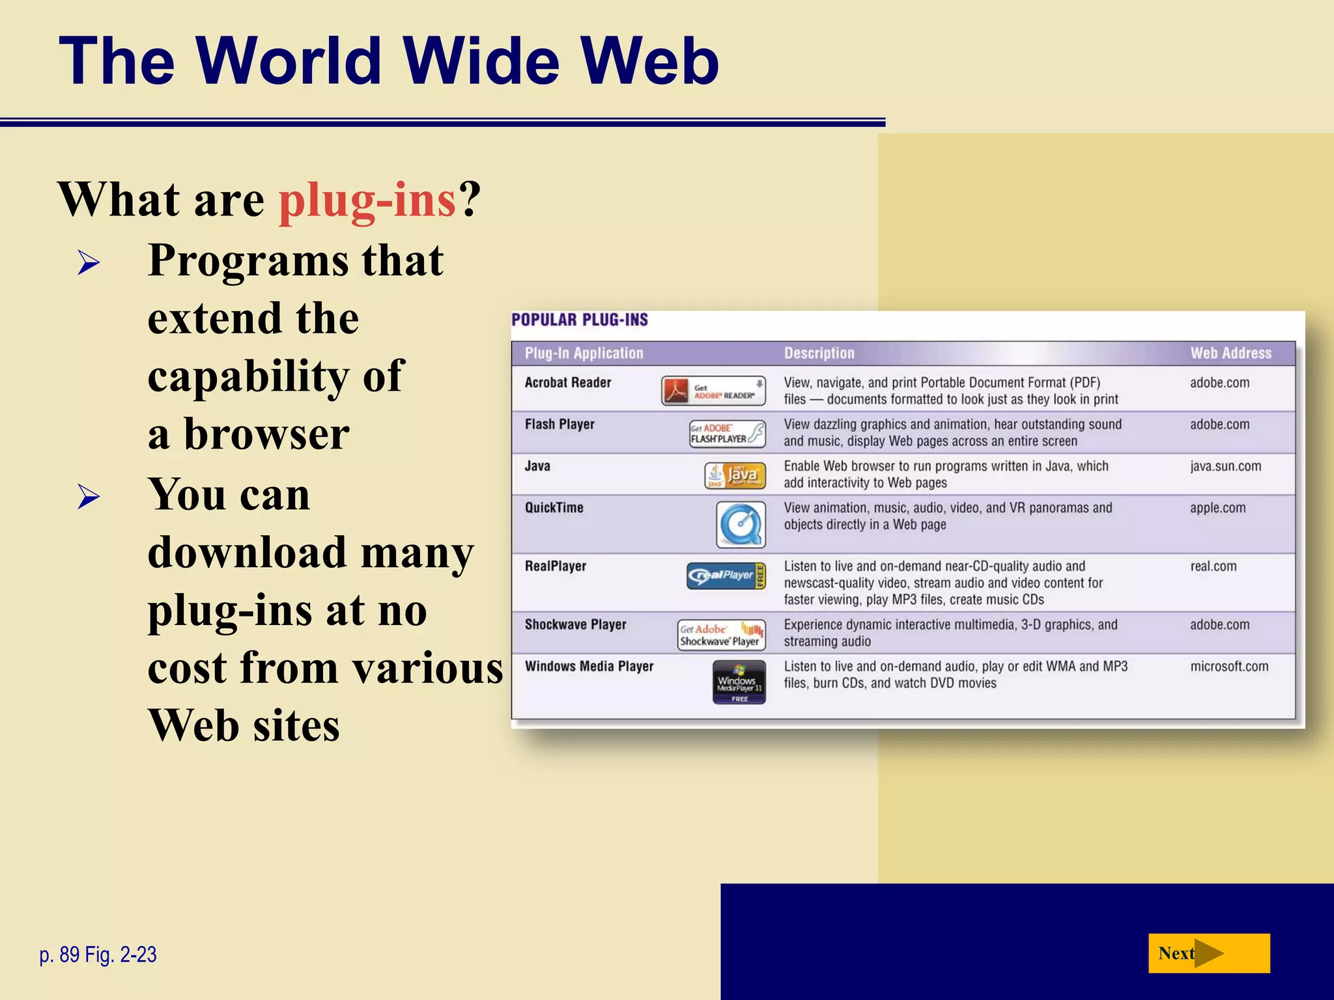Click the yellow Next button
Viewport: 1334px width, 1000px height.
click(1208, 953)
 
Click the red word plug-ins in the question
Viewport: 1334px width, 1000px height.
click(367, 200)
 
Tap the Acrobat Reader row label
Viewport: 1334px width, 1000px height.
click(568, 383)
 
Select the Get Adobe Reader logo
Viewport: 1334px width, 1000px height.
click(713, 391)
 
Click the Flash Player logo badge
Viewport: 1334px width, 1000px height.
click(728, 434)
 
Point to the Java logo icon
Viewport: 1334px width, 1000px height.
click(735, 476)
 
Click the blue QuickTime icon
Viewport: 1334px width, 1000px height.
click(741, 524)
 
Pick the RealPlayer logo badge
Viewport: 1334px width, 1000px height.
click(726, 576)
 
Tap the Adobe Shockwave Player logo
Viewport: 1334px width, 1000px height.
click(721, 635)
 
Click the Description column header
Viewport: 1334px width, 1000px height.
click(819, 354)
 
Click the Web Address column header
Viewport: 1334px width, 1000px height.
click(1230, 354)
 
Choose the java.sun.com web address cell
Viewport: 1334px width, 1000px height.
click(1225, 466)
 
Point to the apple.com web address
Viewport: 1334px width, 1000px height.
click(1217, 508)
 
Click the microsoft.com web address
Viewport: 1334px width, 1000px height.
click(1229, 667)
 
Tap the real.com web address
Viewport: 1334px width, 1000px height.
click(1213, 566)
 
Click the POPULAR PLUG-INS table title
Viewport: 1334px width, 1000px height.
click(580, 320)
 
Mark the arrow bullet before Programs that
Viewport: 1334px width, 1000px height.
click(89, 263)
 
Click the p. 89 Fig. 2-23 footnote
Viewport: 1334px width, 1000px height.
click(98, 954)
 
